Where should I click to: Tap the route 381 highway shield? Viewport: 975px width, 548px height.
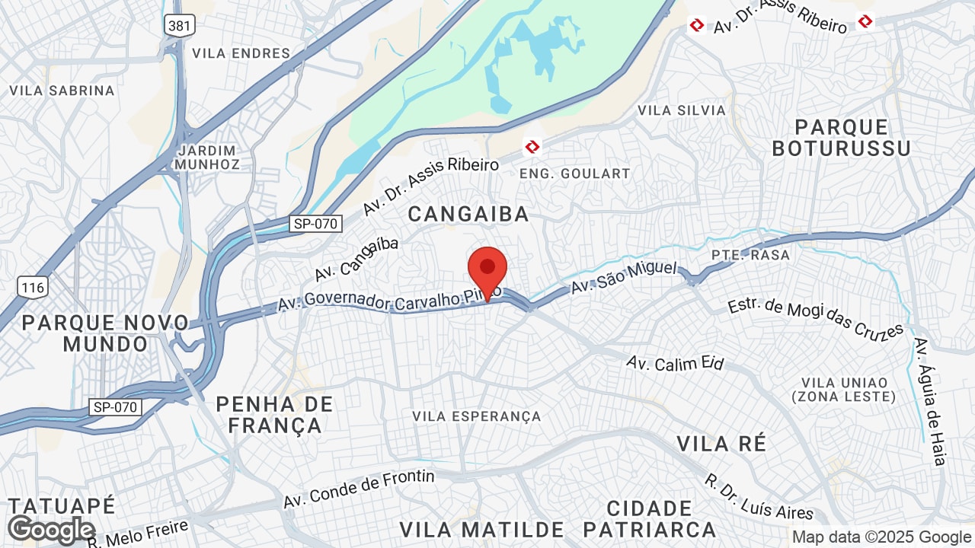point(180,25)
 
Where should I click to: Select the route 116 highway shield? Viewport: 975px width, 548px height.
point(34,287)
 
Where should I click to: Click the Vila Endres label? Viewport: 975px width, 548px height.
point(241,53)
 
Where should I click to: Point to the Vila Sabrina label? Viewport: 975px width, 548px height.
point(62,91)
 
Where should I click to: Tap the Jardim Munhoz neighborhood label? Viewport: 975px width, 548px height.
point(206,157)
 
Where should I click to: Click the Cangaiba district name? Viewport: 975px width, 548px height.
point(468,214)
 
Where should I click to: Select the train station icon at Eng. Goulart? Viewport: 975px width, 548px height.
point(532,146)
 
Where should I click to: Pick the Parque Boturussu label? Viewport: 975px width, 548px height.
point(841,137)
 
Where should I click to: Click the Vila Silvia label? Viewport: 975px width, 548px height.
point(682,110)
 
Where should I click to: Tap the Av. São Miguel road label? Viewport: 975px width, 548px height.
point(624,277)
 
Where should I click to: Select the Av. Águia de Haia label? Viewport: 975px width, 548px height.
point(930,401)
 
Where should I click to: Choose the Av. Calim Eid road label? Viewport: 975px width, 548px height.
point(675,363)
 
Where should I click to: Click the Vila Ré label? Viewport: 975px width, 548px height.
point(721,443)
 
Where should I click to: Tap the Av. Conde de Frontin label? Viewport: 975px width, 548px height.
point(359,489)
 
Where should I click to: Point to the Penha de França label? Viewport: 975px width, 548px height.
point(274,415)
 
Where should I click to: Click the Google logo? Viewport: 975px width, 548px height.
point(51,530)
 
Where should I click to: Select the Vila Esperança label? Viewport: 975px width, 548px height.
point(477,416)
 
